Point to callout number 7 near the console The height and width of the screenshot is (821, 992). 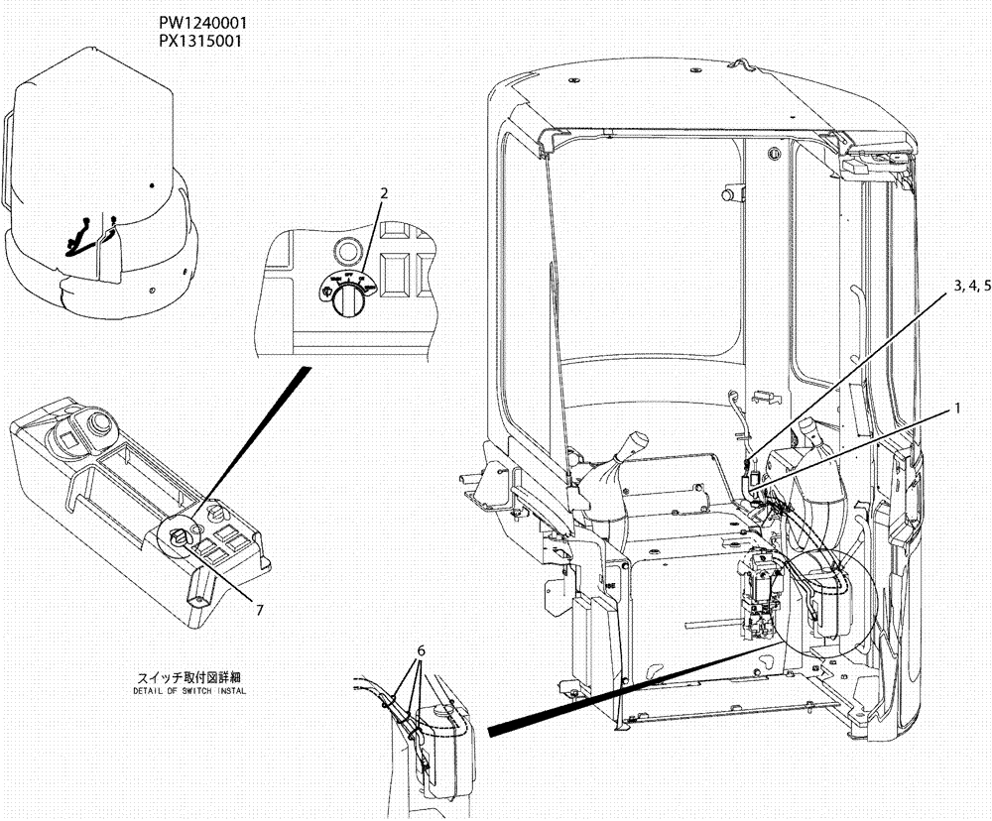[x=259, y=609]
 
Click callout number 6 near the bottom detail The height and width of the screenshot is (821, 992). [x=421, y=650]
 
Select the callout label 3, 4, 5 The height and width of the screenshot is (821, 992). [x=972, y=286]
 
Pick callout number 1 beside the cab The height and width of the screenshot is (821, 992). [x=957, y=407]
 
